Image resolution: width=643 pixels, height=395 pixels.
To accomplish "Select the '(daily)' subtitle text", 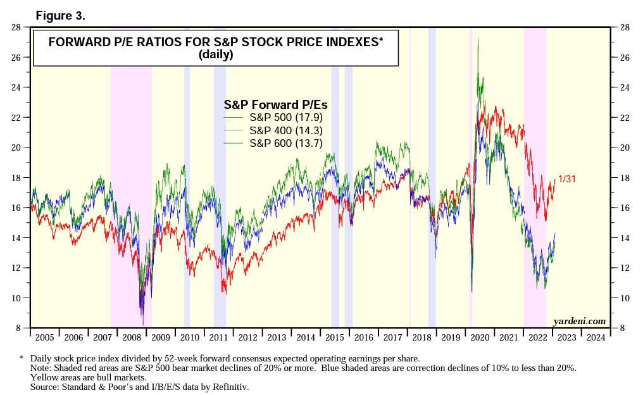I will (216, 54).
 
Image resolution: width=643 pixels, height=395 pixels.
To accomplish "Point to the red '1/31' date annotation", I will (566, 180).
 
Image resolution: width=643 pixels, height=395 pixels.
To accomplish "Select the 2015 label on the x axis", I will (334, 337).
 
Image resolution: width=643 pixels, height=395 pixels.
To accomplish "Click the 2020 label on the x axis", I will (479, 337).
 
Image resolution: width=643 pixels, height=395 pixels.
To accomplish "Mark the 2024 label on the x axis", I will (595, 337).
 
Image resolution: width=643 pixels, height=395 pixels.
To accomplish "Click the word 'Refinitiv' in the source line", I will (232, 386).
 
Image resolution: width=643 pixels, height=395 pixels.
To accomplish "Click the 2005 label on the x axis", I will (45, 337).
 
